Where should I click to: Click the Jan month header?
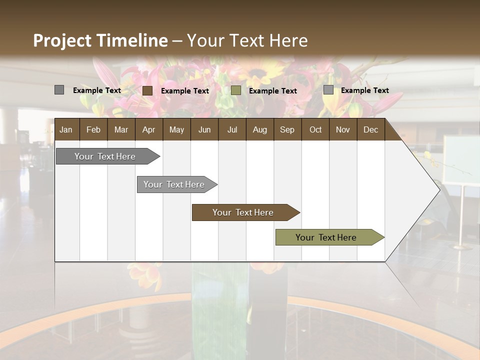pos(66,129)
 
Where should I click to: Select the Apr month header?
pos(149,129)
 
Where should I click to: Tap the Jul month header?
pos(232,129)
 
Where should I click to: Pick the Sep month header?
pos(287,129)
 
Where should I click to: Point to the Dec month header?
pos(370,129)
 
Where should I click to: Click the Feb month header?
pos(93,129)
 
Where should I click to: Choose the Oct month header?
pos(315,129)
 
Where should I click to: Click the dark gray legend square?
pos(59,90)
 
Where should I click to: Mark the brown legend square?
pos(147,90)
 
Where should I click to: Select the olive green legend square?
pos(236,90)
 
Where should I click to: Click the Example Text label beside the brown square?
pos(184,90)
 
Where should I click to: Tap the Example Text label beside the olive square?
pos(272,90)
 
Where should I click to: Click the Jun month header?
pos(204,129)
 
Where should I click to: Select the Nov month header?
pos(343,129)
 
